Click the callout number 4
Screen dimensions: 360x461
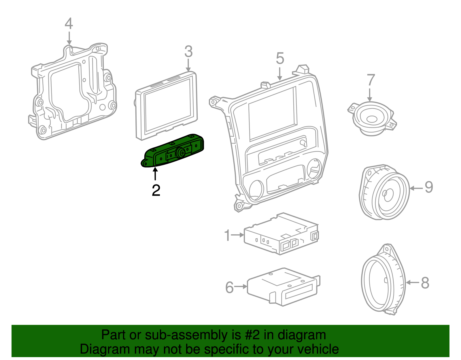click(x=69, y=24)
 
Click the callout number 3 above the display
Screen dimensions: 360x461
click(x=188, y=52)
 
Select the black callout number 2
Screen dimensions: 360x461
click(x=156, y=191)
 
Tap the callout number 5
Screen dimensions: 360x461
click(x=280, y=59)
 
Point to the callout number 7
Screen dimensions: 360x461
click(x=371, y=80)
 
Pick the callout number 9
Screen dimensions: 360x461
click(x=429, y=187)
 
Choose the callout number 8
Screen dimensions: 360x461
click(x=425, y=283)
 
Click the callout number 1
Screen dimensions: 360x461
click(x=227, y=235)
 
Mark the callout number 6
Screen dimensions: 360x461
click(x=229, y=287)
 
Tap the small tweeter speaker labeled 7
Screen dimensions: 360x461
click(x=371, y=118)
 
